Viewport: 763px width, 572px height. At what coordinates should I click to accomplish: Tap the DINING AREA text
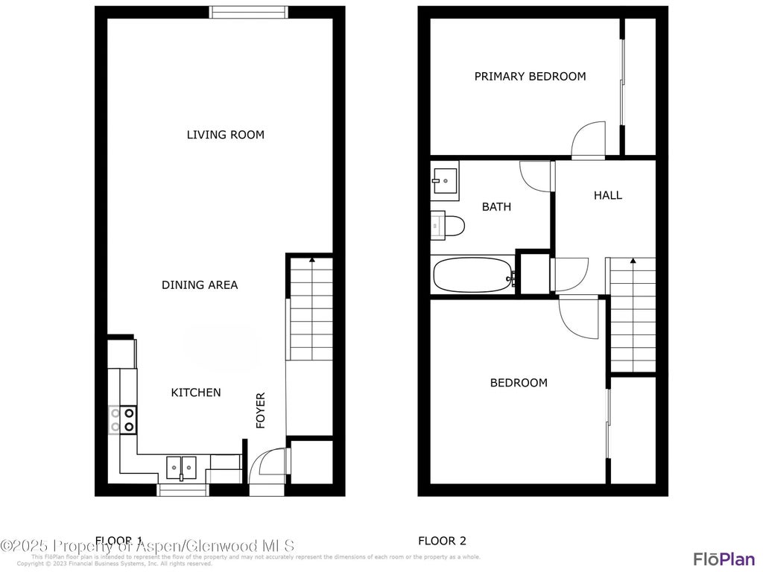click(200, 285)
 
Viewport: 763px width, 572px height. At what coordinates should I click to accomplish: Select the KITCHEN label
click(196, 393)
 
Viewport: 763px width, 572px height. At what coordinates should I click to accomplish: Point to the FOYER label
click(261, 410)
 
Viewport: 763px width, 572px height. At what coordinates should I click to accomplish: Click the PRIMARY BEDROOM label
click(530, 76)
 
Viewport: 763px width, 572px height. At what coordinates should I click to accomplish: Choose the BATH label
click(496, 206)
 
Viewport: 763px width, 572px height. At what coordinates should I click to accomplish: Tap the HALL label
click(607, 195)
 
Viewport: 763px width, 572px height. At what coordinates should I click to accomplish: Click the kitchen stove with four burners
click(123, 419)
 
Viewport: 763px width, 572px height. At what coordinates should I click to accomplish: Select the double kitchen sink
click(180, 468)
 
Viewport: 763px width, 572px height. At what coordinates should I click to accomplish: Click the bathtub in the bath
click(474, 275)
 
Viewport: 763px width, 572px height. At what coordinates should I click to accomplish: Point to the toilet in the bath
click(449, 225)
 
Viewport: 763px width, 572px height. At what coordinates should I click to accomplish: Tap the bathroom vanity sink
click(445, 179)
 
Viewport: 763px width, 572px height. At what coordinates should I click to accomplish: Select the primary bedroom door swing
click(589, 140)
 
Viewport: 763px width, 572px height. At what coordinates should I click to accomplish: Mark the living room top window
click(248, 12)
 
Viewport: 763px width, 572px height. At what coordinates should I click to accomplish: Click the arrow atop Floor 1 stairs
click(311, 260)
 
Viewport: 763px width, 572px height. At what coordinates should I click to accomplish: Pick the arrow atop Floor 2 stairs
click(633, 261)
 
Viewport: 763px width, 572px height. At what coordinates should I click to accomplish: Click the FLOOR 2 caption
click(442, 541)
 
